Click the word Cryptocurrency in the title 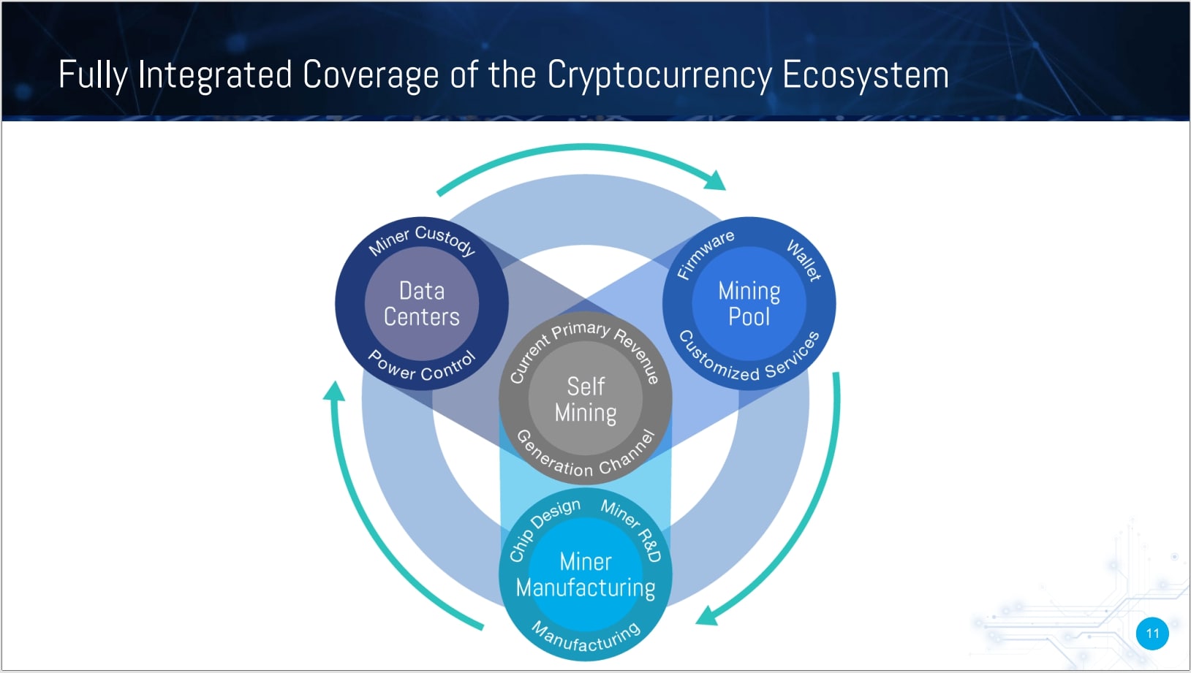(659, 75)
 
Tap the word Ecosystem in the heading (866, 75)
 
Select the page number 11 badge (1152, 633)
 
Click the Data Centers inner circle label (422, 303)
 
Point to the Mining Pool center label (749, 303)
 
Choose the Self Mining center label (586, 399)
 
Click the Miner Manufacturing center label (586, 575)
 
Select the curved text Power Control (422, 368)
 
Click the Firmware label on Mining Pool (704, 254)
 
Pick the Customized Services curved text (749, 359)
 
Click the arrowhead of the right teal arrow (706, 617)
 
